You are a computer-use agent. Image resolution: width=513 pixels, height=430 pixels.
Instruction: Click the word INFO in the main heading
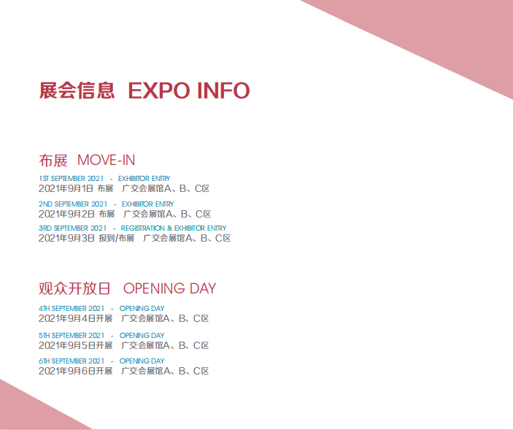point(223,91)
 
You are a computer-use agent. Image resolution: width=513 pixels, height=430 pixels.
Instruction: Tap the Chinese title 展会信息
point(77,91)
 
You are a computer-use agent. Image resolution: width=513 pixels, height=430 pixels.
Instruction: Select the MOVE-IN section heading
point(106,161)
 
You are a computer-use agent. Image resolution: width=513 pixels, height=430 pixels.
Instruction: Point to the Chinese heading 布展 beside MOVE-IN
point(53,161)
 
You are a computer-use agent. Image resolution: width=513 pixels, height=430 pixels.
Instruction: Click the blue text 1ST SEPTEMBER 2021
point(71,179)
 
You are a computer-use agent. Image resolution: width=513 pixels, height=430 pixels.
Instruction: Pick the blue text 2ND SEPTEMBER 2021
point(73,204)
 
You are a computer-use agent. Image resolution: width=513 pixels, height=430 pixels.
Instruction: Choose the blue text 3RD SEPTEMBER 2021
point(73,228)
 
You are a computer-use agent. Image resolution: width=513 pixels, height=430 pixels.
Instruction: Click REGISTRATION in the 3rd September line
point(142,228)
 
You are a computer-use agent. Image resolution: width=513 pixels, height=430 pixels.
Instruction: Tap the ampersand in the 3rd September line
point(169,228)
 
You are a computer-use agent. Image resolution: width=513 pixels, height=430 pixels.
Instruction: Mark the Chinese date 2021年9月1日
point(66,188)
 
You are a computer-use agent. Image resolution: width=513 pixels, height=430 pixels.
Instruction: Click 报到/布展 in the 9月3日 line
point(117,238)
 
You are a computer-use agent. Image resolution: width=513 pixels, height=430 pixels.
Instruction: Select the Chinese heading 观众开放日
point(74,288)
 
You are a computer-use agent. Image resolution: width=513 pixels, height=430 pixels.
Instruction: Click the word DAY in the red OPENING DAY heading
point(203,288)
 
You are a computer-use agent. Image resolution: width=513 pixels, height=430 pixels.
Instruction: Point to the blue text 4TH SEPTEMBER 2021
point(72,309)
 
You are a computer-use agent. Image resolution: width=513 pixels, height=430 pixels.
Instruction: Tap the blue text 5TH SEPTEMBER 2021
point(72,335)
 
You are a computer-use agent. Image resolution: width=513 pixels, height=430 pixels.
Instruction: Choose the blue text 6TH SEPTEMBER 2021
point(72,361)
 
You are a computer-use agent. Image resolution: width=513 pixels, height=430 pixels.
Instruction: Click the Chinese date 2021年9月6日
point(66,371)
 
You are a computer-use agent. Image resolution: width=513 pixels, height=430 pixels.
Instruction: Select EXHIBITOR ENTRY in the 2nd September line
point(147,204)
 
